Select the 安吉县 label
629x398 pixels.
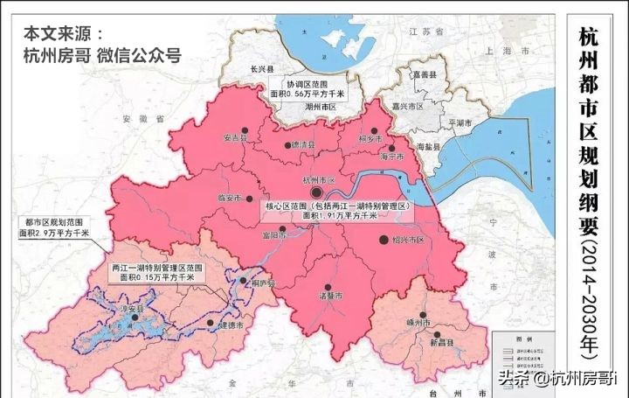click(x=236, y=136)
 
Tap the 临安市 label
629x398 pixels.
click(x=227, y=199)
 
